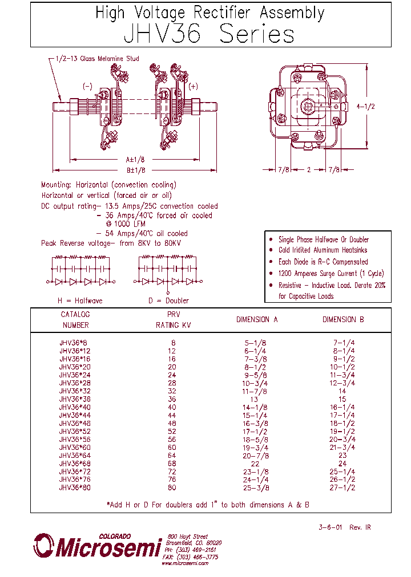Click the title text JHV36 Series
[x=209, y=35]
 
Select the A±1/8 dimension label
[x=136, y=160]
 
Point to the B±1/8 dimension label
[x=136, y=170]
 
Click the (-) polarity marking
[x=87, y=86]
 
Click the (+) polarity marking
[x=193, y=86]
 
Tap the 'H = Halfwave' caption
[x=79, y=300]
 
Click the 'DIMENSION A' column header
[x=256, y=320]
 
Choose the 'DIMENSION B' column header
[x=342, y=320]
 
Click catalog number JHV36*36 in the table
[x=74, y=400]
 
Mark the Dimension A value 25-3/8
[x=256, y=489]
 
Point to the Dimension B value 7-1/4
[x=342, y=343]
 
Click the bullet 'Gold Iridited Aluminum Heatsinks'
[x=323, y=250]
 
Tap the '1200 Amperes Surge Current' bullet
[x=331, y=273]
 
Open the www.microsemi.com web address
[x=184, y=563]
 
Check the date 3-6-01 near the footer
[x=330, y=527]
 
